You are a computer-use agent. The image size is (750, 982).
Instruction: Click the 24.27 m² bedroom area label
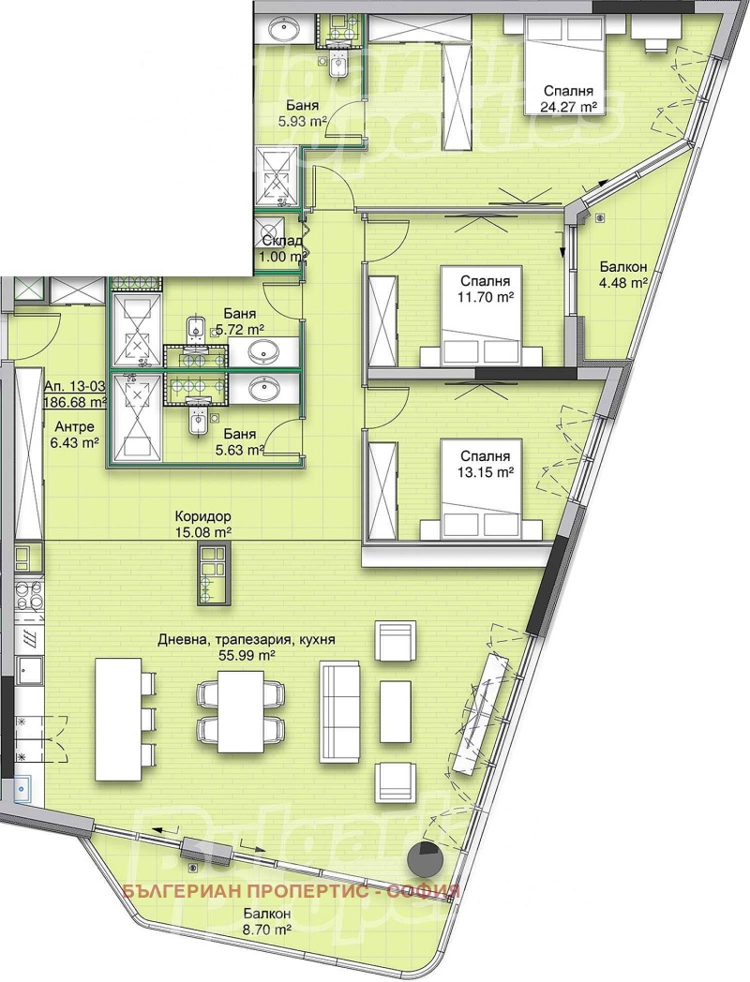(x=568, y=107)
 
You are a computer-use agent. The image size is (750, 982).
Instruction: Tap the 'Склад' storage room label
(x=282, y=241)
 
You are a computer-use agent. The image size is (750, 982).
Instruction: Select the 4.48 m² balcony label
(x=622, y=283)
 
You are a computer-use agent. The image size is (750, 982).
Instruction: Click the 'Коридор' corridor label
(x=203, y=517)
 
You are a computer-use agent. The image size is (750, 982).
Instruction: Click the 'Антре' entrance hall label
(x=75, y=427)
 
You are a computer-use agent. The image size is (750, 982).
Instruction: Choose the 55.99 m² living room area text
(x=247, y=655)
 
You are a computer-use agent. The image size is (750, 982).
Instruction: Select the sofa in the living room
(x=340, y=712)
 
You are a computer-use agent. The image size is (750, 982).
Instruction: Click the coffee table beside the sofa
(x=396, y=712)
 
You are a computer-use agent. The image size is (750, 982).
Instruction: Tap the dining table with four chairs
(x=241, y=712)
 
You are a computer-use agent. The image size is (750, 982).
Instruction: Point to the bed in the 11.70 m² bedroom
(x=481, y=317)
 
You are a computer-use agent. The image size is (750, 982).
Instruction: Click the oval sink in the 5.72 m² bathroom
(x=265, y=351)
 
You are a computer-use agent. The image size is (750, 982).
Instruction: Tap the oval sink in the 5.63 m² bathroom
(x=265, y=389)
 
